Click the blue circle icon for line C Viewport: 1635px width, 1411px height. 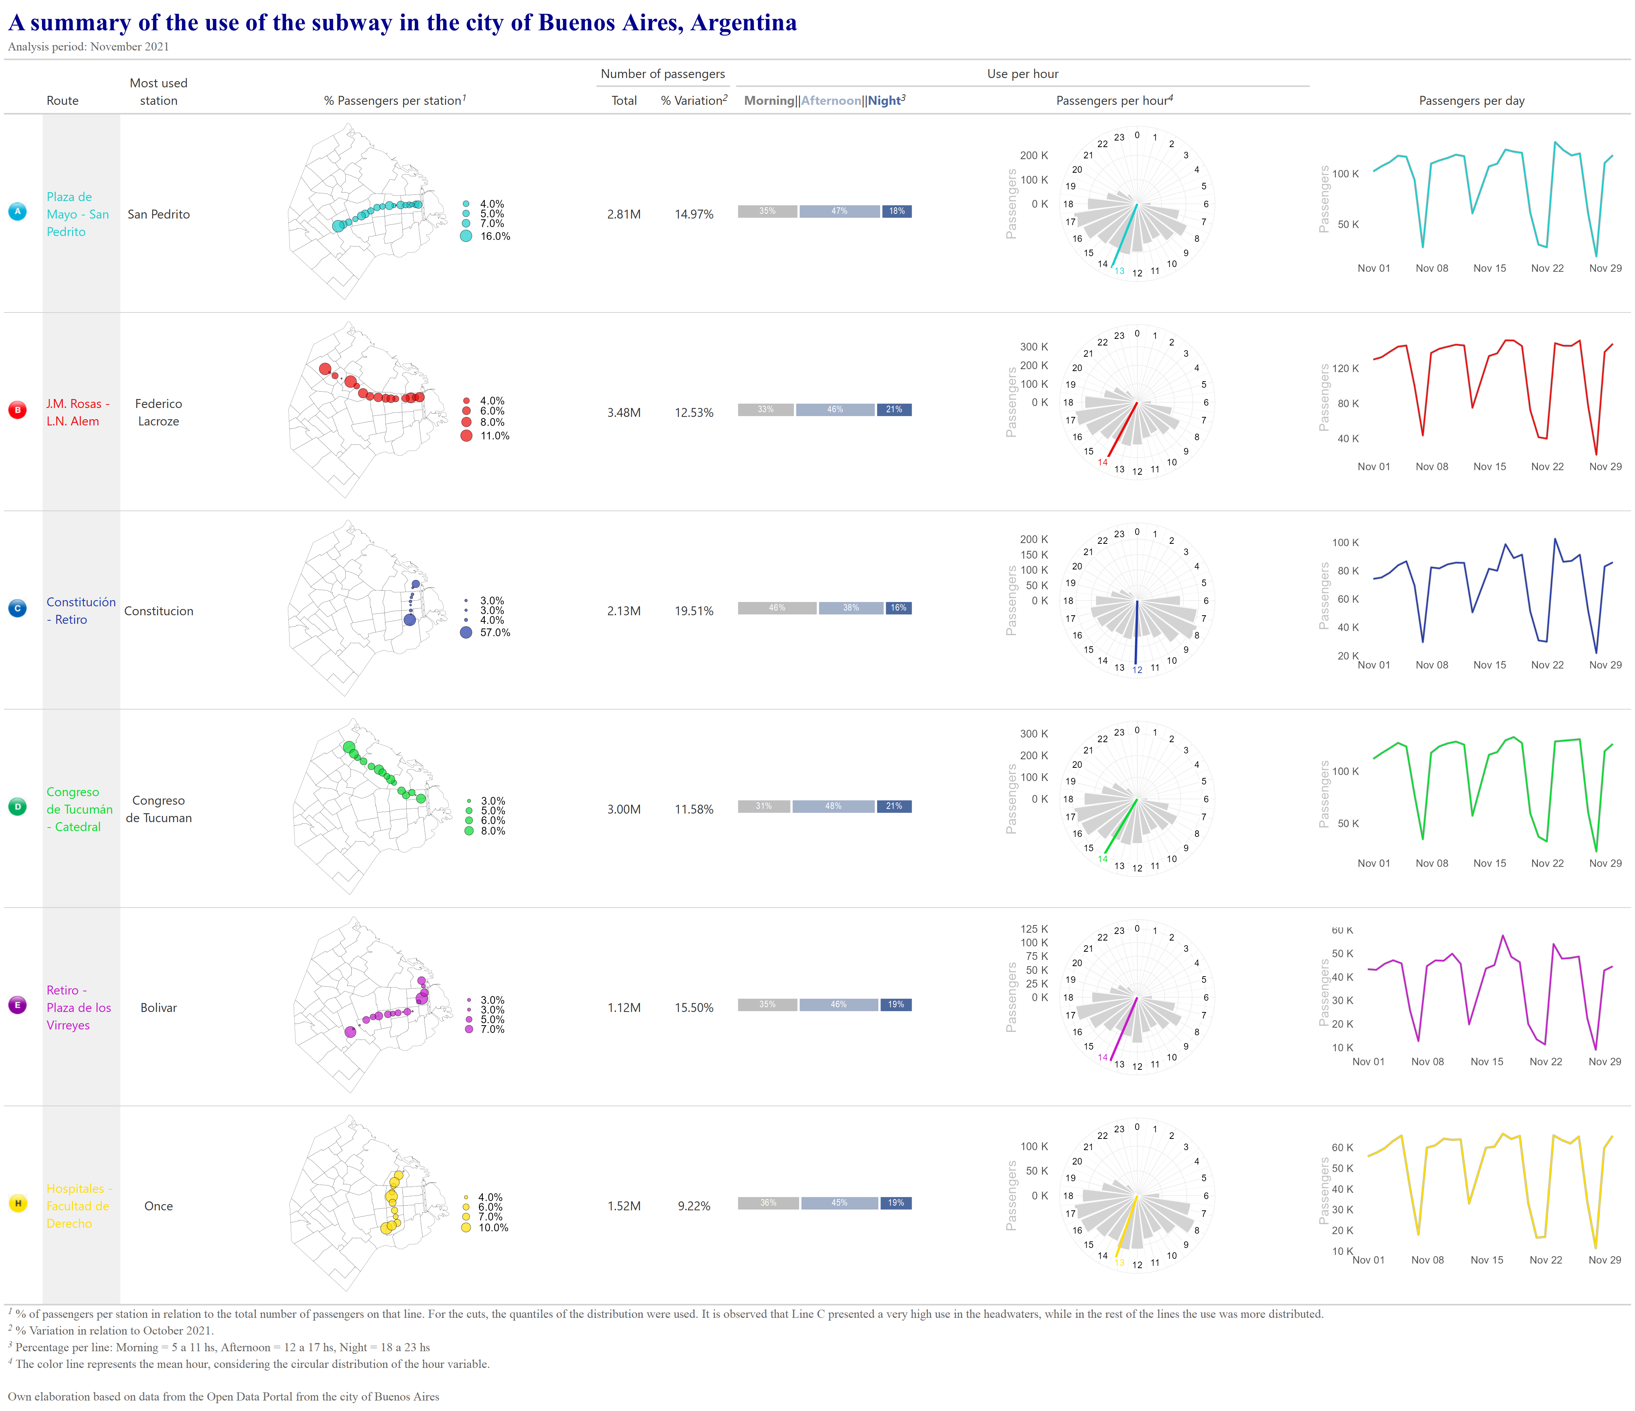click(x=17, y=608)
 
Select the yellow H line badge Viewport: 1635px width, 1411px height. click(x=17, y=1203)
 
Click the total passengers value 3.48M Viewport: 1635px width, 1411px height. click(x=623, y=413)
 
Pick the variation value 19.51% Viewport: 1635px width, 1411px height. click(x=694, y=611)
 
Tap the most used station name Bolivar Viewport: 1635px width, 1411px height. click(x=159, y=1008)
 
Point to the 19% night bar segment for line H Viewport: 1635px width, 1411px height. click(x=896, y=1203)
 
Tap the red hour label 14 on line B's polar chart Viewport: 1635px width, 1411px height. click(x=1103, y=462)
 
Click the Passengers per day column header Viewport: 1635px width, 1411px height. click(x=1472, y=101)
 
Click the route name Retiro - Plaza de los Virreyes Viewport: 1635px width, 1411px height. click(x=78, y=1008)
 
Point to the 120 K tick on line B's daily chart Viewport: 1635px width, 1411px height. click(x=1345, y=368)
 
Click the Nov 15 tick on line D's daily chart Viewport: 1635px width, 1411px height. click(x=1489, y=863)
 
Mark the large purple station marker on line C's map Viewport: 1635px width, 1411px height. click(x=409, y=620)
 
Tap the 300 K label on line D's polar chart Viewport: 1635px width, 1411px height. click(x=1034, y=734)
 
